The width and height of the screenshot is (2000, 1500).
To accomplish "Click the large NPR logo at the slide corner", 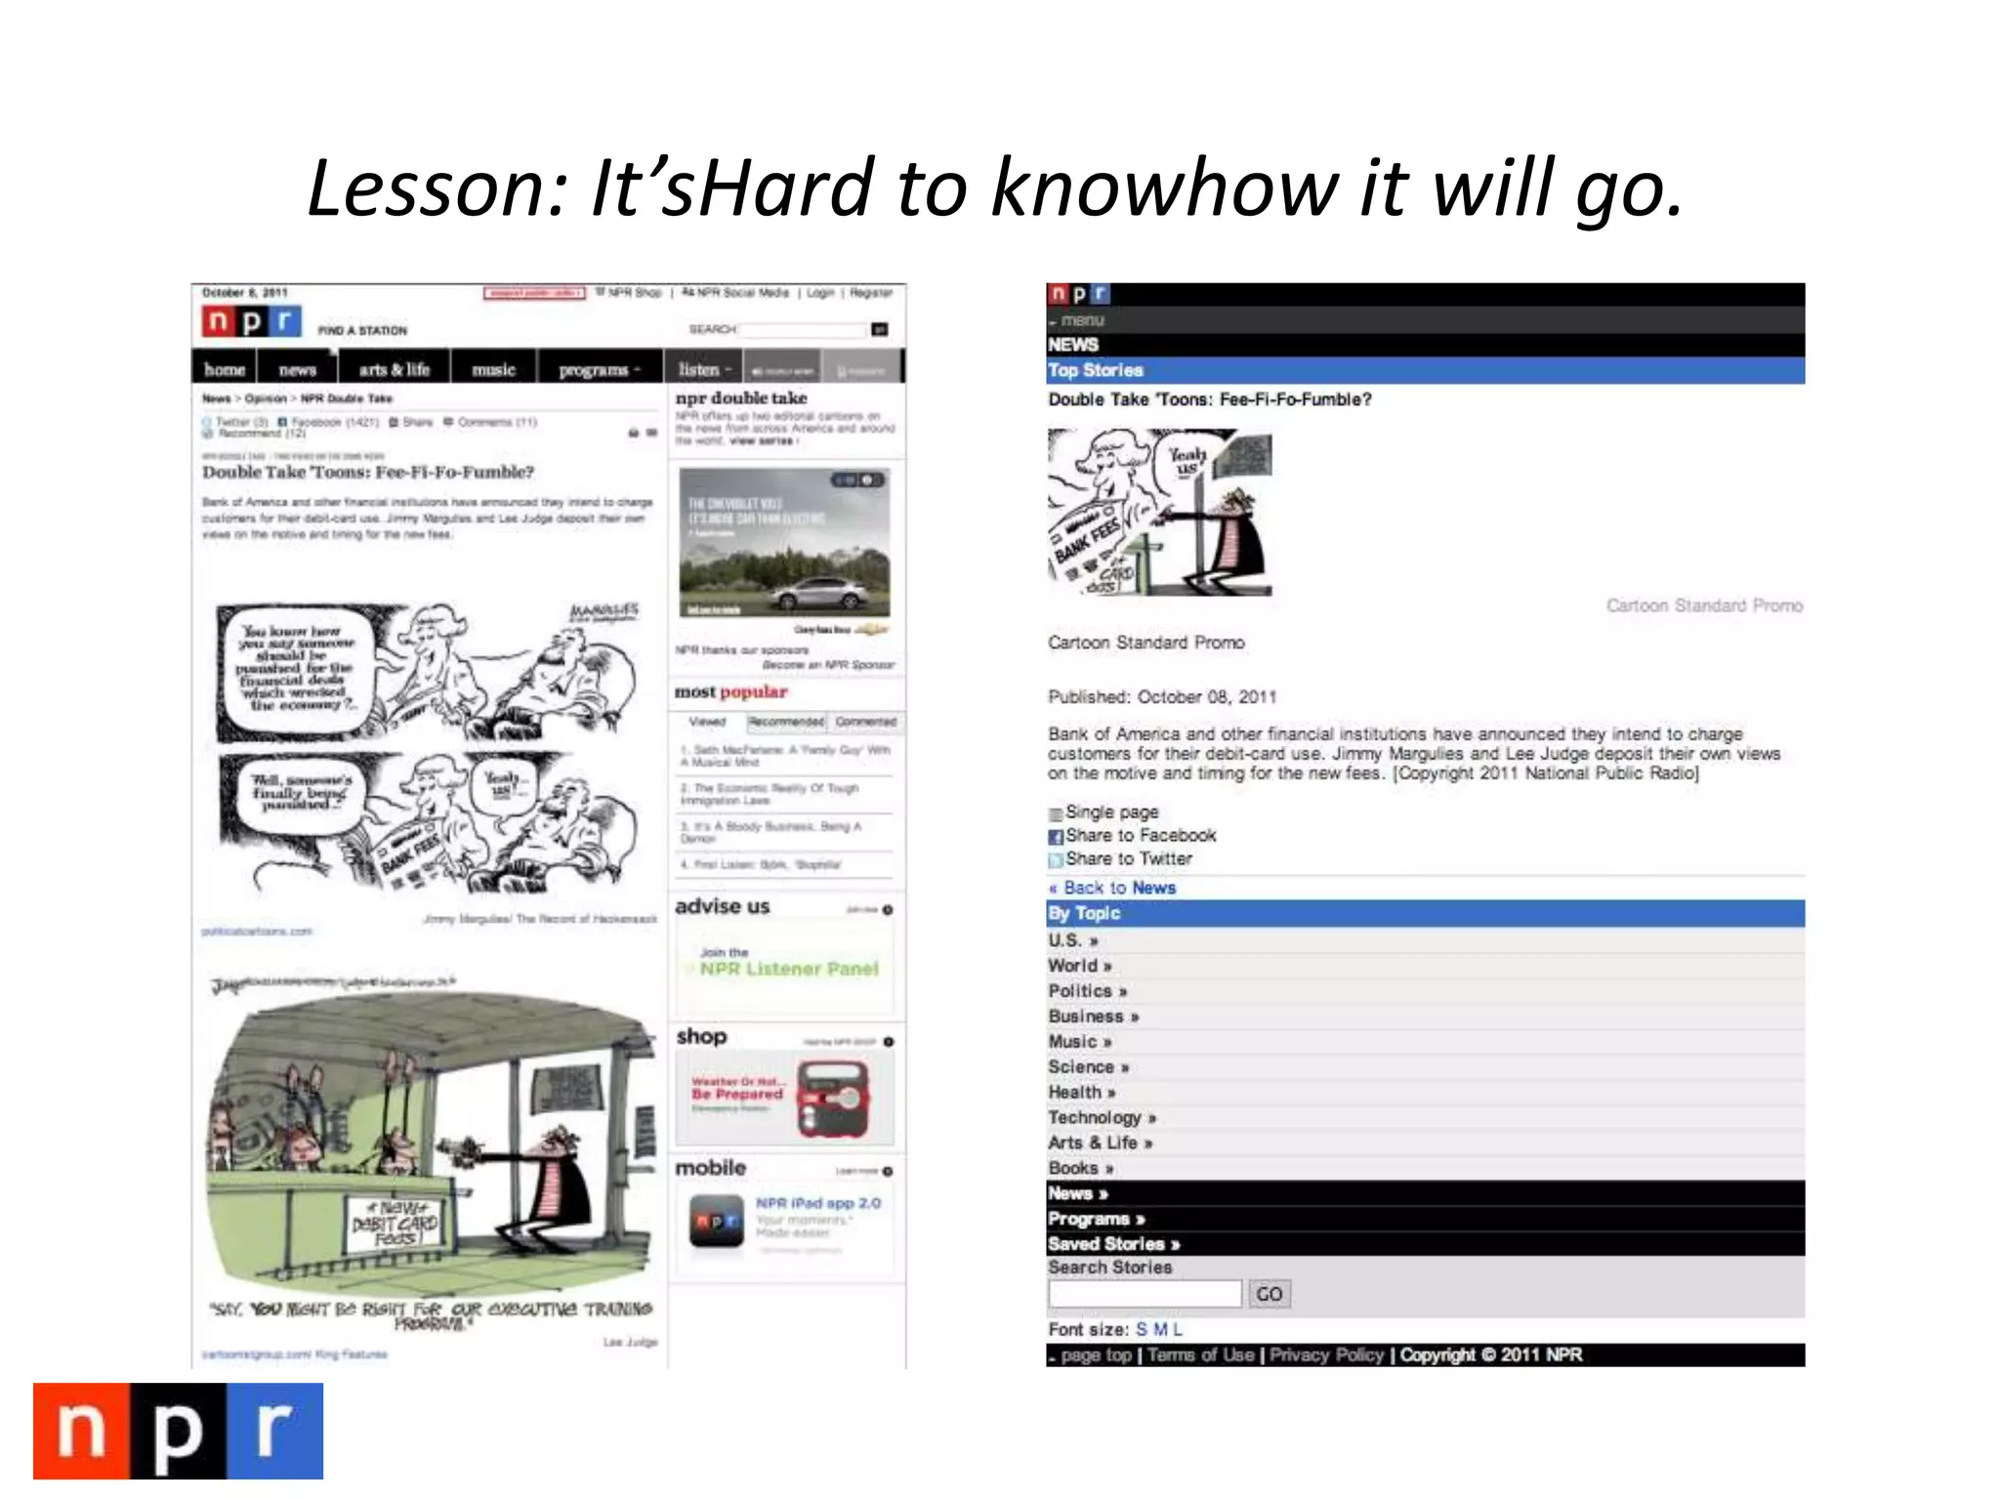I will (x=178, y=1431).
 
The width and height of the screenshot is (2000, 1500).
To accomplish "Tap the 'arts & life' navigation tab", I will (x=394, y=369).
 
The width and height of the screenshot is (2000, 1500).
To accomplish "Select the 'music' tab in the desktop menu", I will (x=493, y=369).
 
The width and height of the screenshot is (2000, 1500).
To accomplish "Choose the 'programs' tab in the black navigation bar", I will (x=598, y=369).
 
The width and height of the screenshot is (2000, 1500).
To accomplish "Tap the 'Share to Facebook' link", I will (x=1140, y=836).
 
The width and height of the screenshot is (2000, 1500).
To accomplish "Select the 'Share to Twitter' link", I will (x=1128, y=859).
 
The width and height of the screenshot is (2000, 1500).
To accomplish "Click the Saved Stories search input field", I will (x=1145, y=1294).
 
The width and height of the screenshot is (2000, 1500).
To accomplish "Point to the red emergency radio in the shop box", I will (x=833, y=1099).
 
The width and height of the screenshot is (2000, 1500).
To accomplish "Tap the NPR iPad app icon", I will (x=716, y=1222).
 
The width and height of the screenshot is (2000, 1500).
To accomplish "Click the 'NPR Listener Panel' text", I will (x=789, y=969).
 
